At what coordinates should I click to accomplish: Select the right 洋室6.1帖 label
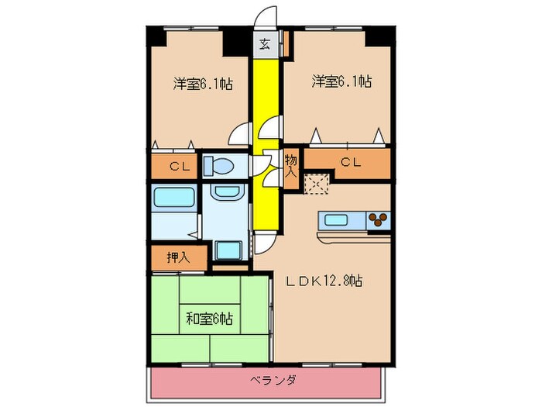[x=341, y=81]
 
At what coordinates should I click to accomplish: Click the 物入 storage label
[x=290, y=165]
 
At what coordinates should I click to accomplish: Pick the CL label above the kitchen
[x=351, y=163]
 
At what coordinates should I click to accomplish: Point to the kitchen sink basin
[x=336, y=219]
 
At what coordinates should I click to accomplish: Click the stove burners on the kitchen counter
[x=378, y=220]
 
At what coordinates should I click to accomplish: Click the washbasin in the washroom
[x=226, y=193]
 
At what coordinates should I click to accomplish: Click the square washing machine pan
[x=228, y=250]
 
